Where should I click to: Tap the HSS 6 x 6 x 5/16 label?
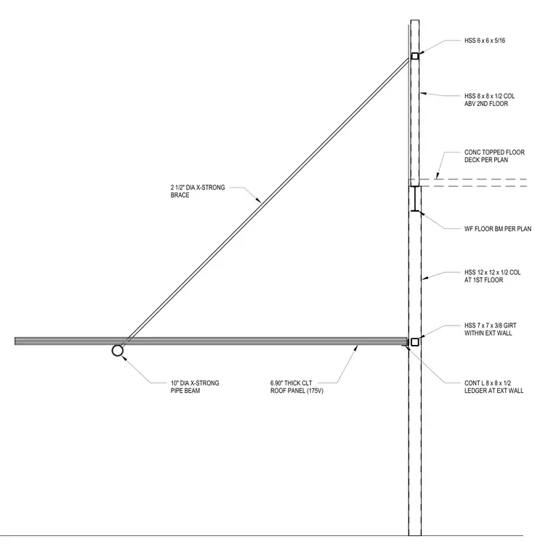click(485, 41)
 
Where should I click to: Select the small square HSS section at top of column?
click(415, 56)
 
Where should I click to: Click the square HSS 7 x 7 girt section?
click(415, 342)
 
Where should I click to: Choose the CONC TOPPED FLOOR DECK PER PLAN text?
click(494, 156)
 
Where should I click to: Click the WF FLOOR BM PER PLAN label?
click(498, 229)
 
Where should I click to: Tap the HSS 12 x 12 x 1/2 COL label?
click(492, 276)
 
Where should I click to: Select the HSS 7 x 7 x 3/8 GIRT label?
click(491, 329)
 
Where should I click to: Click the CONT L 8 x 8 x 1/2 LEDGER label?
click(493, 386)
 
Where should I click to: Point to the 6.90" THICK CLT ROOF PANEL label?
click(297, 386)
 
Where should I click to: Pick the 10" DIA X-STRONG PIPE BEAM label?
click(195, 386)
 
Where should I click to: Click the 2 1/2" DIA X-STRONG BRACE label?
click(198, 191)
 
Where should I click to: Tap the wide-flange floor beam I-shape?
click(415, 198)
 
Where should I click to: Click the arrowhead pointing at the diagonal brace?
click(258, 200)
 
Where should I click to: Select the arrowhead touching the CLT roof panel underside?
click(356, 348)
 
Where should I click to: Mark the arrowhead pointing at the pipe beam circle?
click(124, 358)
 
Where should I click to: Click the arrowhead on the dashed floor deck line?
click(438, 176)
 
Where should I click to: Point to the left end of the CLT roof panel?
click(15, 341)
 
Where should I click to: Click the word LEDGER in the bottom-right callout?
click(475, 391)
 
